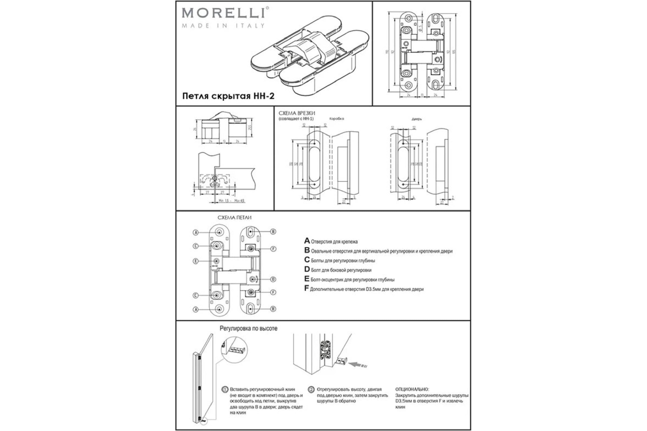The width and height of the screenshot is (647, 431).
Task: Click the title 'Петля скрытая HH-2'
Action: coord(228,96)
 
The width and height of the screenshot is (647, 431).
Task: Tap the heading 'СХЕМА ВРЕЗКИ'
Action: coord(297,113)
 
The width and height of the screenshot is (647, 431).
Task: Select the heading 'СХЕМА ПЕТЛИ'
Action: coord(234,218)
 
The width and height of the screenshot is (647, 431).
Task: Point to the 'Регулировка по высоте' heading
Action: coord(248,328)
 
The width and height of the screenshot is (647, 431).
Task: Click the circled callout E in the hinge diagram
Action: coord(196,261)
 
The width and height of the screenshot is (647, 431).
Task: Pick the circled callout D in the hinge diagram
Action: coord(273,279)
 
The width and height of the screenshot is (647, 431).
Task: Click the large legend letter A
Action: coord(307,241)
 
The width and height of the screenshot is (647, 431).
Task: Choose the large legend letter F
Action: coord(307,289)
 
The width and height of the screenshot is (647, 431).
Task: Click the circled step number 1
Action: coord(225,390)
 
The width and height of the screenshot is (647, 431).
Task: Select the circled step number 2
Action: coord(311,390)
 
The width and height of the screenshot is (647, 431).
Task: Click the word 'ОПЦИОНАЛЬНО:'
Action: coord(412,390)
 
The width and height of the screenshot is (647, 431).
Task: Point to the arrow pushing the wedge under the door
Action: coord(358,365)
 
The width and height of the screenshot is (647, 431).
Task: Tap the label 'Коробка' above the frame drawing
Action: coord(336,119)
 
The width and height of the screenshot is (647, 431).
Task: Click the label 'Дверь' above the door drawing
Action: coord(417,119)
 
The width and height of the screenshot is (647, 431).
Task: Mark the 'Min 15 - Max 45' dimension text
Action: coord(231,201)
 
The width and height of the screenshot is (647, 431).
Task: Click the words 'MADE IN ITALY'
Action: coord(223,26)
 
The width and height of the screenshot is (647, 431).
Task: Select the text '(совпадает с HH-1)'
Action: coord(296,119)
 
